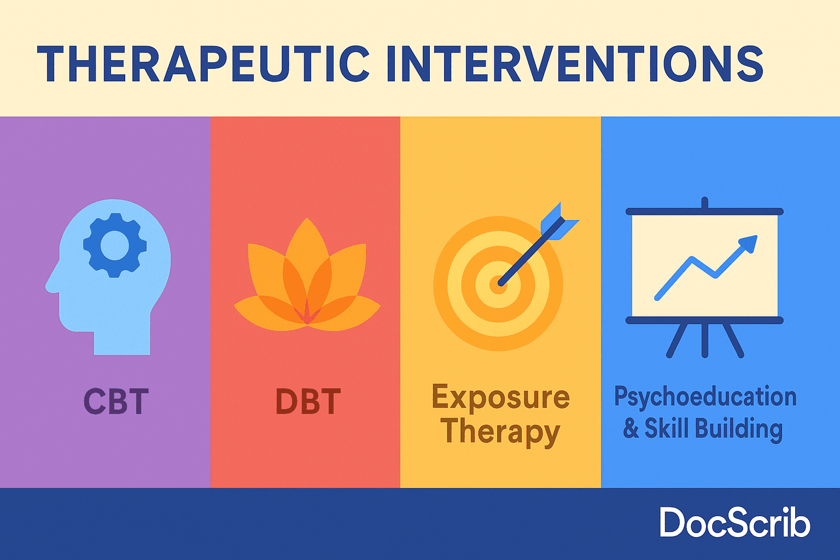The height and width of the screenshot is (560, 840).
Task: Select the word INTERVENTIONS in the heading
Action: pos(575,63)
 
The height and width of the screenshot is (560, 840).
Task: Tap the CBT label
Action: pos(116,401)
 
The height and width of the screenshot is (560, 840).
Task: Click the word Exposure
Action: pos(500,396)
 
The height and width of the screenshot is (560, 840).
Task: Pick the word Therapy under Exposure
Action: pos(500,432)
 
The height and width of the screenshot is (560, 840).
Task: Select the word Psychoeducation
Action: pos(705,397)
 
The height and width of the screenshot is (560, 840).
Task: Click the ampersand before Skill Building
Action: pos(631,428)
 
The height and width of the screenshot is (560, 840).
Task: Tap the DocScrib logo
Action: pos(735,522)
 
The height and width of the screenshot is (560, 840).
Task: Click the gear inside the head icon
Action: pos(115,246)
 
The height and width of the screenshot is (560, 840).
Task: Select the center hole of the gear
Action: pos(115,246)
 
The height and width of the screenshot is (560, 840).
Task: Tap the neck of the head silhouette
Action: pos(122,341)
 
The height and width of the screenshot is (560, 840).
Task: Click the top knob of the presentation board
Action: pos(704,202)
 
